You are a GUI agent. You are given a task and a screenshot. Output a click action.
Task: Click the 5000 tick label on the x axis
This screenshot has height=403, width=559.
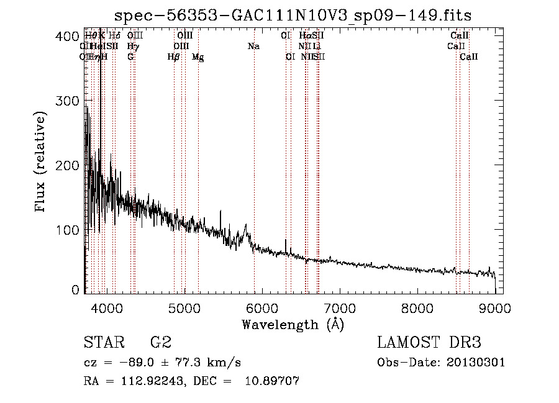click(184, 308)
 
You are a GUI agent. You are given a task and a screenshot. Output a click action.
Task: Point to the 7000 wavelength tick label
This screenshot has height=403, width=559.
click(340, 308)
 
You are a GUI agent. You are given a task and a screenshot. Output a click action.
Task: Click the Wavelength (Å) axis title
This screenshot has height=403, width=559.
click(293, 324)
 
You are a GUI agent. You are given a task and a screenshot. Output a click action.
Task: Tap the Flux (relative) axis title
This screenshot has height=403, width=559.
click(41, 163)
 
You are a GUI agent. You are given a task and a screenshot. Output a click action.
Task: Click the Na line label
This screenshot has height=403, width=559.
click(253, 47)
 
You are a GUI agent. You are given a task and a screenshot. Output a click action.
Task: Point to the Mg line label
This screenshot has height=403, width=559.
click(198, 57)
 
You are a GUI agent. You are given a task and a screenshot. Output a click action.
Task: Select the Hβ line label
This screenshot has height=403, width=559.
click(174, 57)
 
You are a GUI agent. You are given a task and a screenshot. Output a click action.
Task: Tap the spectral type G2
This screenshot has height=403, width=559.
click(160, 343)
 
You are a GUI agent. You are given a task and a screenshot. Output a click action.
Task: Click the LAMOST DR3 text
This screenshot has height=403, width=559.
click(429, 343)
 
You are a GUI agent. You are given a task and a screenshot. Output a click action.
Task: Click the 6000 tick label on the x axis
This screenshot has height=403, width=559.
click(261, 308)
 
